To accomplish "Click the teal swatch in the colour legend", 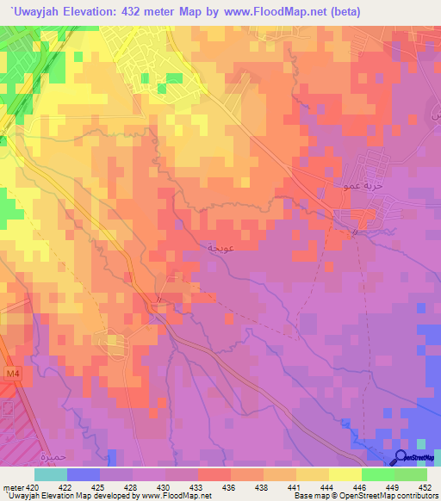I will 51,474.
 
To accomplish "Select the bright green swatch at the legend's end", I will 411,474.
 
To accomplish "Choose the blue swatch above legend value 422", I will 84,474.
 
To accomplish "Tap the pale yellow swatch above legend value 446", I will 345,474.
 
